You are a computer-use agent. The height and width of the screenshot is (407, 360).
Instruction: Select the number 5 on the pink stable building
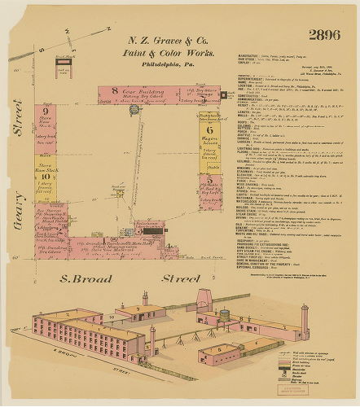pos(209,181)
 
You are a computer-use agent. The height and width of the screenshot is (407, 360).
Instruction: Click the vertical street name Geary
pos(17,220)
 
